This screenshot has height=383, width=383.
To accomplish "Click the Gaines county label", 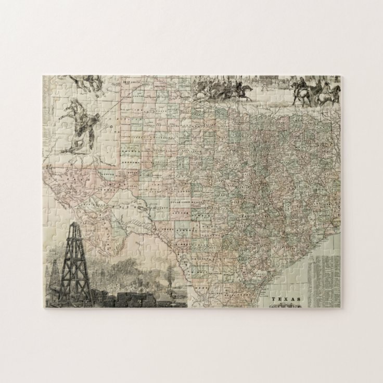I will point(127,151).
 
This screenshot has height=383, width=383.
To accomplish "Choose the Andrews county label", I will point(127,163).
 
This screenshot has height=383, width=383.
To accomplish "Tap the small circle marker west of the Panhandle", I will point(112,126).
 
